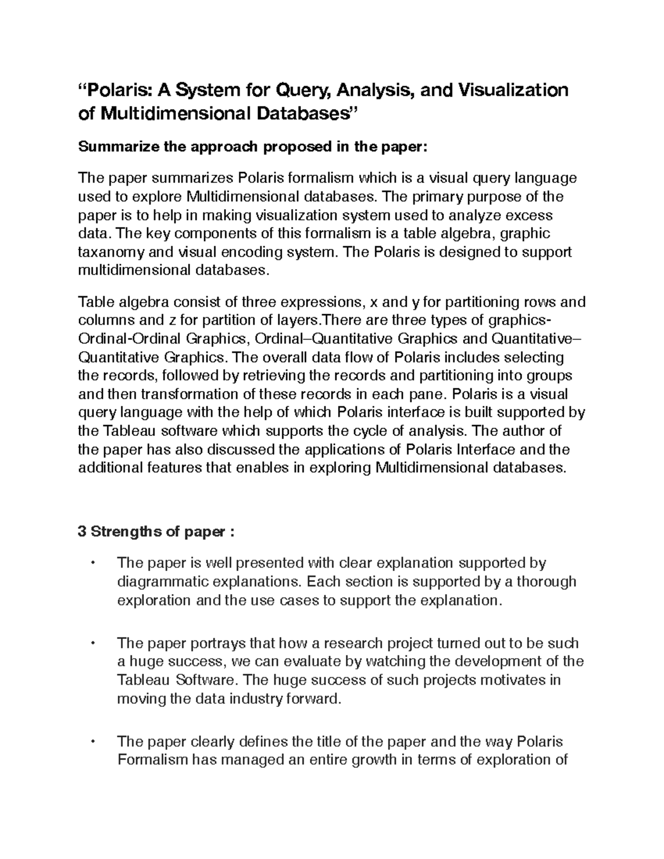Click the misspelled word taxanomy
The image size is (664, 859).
111,252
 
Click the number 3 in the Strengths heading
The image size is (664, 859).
82,532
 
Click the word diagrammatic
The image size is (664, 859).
162,582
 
